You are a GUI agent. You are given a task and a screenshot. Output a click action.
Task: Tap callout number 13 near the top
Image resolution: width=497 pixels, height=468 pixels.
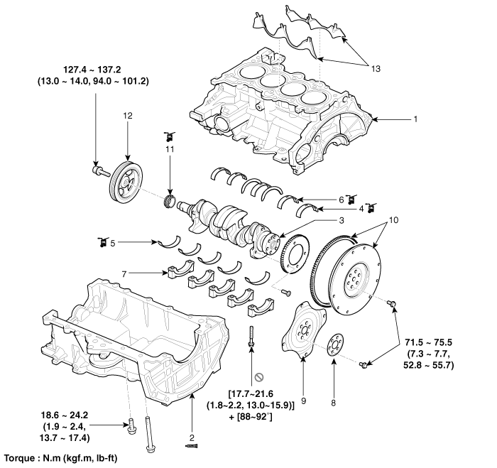pyautogui.click(x=376, y=68)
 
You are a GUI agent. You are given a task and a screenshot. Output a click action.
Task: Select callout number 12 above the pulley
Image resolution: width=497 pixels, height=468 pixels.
pyautogui.click(x=127, y=116)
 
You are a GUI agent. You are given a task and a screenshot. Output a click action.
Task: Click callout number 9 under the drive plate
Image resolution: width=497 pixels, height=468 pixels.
pyautogui.click(x=304, y=401)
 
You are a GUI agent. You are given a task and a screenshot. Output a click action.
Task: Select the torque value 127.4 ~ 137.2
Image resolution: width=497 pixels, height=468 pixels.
pyautogui.click(x=95, y=71)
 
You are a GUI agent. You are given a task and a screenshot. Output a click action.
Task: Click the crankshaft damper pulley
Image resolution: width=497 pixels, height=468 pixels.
pyautogui.click(x=126, y=181)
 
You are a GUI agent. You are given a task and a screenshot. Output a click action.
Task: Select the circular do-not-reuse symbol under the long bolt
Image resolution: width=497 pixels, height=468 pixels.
pyautogui.click(x=260, y=374)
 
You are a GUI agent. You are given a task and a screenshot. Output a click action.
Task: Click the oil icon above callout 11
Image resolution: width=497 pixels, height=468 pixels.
pyautogui.click(x=169, y=135)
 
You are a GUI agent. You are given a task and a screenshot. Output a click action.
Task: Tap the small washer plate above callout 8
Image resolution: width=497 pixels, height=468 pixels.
pyautogui.click(x=335, y=347)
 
